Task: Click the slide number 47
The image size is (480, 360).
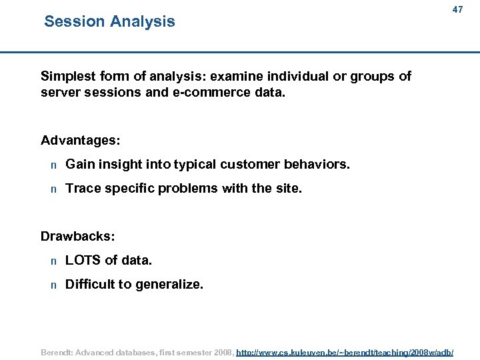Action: click(457, 9)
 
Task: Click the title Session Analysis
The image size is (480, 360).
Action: click(109, 21)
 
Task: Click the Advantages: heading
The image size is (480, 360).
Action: click(81, 140)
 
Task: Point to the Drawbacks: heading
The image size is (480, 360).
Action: click(78, 236)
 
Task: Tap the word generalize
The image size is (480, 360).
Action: click(169, 285)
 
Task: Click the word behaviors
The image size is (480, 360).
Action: click(317, 164)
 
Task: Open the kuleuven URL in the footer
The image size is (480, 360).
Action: click(345, 351)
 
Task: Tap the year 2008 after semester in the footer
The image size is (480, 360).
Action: click(223, 351)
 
